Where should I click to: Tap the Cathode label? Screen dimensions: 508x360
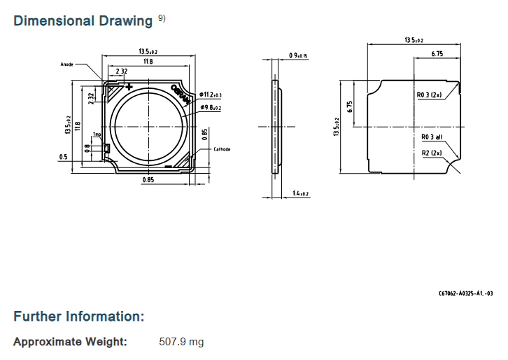[x=222, y=149]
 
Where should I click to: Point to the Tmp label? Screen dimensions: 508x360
[x=97, y=134]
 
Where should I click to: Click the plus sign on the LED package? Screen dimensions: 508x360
[x=129, y=85]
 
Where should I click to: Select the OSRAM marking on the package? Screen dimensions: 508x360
[x=181, y=94]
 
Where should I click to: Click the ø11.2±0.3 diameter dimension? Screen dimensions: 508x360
[x=211, y=95]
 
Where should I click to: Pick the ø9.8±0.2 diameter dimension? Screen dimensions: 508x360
[x=211, y=107]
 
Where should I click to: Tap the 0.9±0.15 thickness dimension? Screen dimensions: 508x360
[x=299, y=55]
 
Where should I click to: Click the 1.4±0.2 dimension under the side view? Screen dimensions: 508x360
[x=301, y=193]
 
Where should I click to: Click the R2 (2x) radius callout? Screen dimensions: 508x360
[x=431, y=153]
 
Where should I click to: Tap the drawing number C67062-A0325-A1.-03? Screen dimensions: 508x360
[x=466, y=293]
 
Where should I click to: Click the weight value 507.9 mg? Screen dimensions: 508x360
[x=182, y=342]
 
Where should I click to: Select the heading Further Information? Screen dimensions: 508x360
[x=79, y=317]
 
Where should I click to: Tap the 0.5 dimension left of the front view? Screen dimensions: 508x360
[x=63, y=157]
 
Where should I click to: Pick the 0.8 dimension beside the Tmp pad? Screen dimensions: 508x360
[x=87, y=148]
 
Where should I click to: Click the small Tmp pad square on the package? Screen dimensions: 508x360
[x=106, y=148]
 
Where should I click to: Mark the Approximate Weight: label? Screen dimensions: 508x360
[x=71, y=342]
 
